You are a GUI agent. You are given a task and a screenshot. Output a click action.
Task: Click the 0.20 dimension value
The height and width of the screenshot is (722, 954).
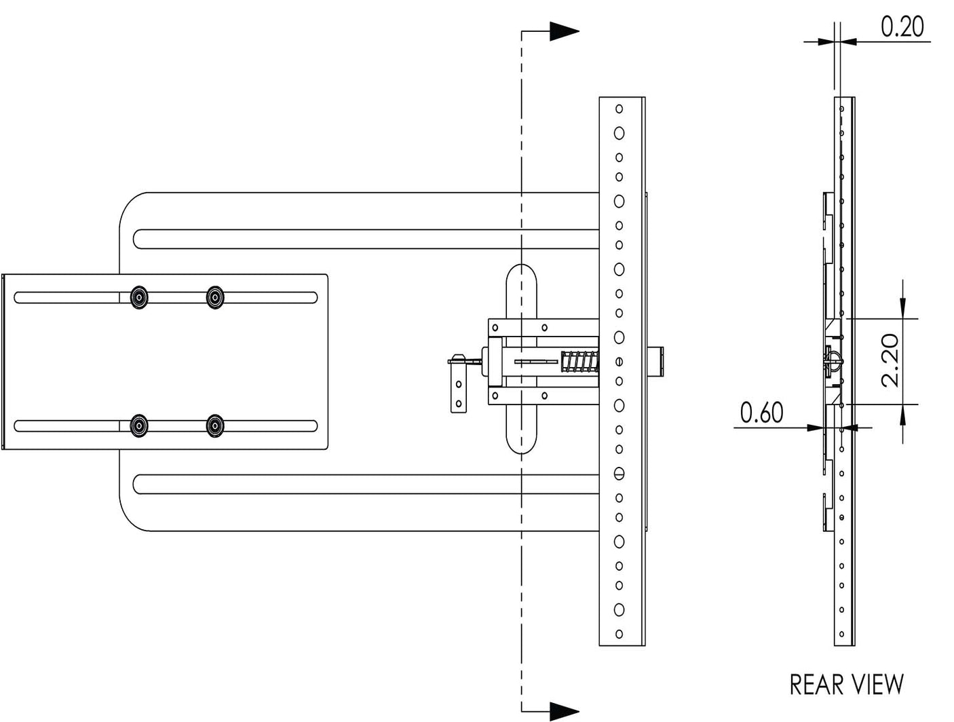coord(902,26)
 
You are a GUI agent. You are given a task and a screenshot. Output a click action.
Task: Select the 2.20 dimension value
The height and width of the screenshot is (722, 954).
coord(889,360)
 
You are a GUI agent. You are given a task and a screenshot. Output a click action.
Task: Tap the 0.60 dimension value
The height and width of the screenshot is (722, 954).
coord(761,412)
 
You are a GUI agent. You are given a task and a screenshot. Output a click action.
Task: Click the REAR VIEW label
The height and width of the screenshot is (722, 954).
coord(846,684)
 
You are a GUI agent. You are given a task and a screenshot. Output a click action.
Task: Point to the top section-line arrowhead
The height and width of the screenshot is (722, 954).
coord(563,31)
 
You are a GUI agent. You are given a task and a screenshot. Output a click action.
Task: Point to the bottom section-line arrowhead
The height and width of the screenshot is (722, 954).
coord(563,710)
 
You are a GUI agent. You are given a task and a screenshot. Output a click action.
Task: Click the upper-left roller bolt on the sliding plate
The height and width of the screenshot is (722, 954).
coord(139,297)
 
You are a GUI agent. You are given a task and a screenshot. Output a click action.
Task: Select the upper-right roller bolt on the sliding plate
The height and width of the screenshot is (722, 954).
coord(215,297)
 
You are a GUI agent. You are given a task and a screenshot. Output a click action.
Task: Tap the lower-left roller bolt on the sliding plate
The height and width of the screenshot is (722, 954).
coord(139,425)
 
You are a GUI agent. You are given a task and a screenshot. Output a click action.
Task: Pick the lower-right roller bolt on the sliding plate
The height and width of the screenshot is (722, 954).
coord(215,425)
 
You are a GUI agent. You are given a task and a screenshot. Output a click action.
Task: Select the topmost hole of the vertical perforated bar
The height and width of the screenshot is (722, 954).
coord(619,109)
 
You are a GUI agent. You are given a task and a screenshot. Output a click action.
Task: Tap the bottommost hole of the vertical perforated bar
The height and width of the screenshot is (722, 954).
coord(619,634)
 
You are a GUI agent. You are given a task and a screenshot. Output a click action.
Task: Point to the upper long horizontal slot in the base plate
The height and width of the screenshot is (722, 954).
coord(366,239)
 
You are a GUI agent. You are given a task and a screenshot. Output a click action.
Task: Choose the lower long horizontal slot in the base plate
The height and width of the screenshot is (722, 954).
coord(366,484)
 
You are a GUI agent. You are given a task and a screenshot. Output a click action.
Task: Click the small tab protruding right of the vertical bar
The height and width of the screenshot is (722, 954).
coord(656,360)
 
